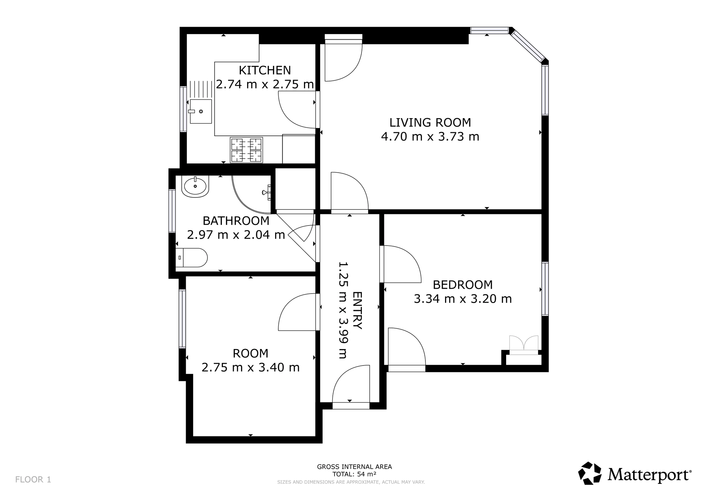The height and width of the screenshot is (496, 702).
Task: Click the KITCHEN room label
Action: pos(265,70)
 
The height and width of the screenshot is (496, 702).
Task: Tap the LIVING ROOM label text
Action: pos(430,122)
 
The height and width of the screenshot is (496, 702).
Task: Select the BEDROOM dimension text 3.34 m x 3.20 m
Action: pos(463,299)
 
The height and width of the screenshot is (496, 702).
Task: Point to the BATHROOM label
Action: pos(236,221)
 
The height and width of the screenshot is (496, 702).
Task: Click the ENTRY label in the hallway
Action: pos(357,310)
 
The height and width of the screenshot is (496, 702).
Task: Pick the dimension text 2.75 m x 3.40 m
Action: pos(251,367)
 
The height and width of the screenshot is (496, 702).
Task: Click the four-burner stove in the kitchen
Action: pos(246,150)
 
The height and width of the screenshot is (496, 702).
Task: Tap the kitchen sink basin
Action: pos(201,111)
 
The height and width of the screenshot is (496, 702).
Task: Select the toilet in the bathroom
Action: pos(191,258)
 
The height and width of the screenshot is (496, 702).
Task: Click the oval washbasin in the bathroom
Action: pos(195,186)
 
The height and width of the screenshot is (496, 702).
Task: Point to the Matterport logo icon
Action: pos(590,474)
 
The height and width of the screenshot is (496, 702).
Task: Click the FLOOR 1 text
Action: pos(33,480)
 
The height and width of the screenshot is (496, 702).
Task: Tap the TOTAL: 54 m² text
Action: pos(355,474)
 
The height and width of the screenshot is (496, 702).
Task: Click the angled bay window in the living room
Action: pos(528,46)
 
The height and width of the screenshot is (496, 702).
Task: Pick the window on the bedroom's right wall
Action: pos(545,289)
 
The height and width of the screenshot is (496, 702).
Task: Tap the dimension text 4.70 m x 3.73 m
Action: pos(430,136)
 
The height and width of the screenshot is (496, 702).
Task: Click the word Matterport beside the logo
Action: pos(650,475)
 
